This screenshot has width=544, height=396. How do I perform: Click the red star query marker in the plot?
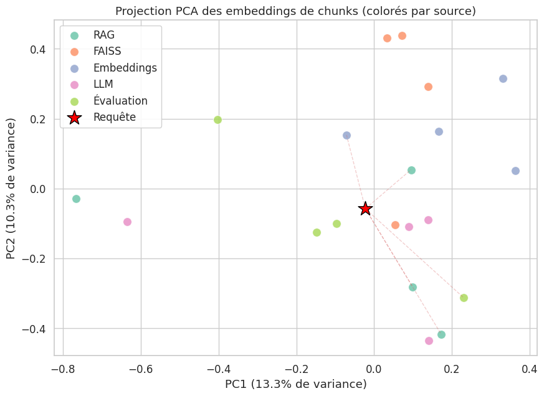pos(366,209)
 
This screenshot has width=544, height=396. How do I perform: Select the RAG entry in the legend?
pos(103,35)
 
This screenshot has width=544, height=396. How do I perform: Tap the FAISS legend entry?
pos(107,52)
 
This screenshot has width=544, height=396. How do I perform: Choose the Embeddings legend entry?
pos(125,68)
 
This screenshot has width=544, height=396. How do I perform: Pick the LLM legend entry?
pos(104,84)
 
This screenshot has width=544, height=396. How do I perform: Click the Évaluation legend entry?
pos(120,100)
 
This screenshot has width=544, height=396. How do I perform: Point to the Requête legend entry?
pos(114,117)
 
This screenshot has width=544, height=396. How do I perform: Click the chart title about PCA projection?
pos(294,11)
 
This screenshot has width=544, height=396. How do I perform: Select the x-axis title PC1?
pos(295,384)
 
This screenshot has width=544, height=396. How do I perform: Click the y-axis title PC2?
pos(12,189)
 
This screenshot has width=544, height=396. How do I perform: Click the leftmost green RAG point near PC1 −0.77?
pos(76,199)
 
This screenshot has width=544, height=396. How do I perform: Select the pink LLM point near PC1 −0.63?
pos(127,222)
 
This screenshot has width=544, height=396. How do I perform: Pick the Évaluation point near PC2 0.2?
pos(217,120)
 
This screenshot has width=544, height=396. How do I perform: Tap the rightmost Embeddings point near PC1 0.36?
pos(515,171)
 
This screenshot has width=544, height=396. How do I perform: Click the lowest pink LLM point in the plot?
pos(429,341)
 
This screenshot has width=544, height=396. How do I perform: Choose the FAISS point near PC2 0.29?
pos(428,87)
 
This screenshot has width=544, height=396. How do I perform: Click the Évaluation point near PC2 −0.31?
pos(464,298)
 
